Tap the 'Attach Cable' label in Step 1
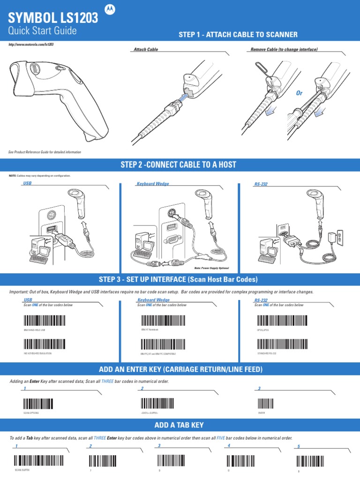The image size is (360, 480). [x=146, y=49]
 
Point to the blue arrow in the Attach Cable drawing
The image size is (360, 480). [x=187, y=97]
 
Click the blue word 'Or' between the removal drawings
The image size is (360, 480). [x=299, y=93]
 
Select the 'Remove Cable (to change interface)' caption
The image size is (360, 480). [x=285, y=49]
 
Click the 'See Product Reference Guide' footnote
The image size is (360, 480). [x=45, y=152]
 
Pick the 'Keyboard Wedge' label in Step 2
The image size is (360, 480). [x=153, y=184]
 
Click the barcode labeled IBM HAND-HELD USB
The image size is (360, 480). [x=44, y=321]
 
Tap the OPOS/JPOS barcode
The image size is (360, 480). [x=277, y=321]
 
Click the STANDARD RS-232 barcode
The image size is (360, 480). [x=277, y=344]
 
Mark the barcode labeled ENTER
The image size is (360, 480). [x=266, y=404]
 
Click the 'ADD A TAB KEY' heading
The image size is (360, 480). [x=180, y=425]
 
